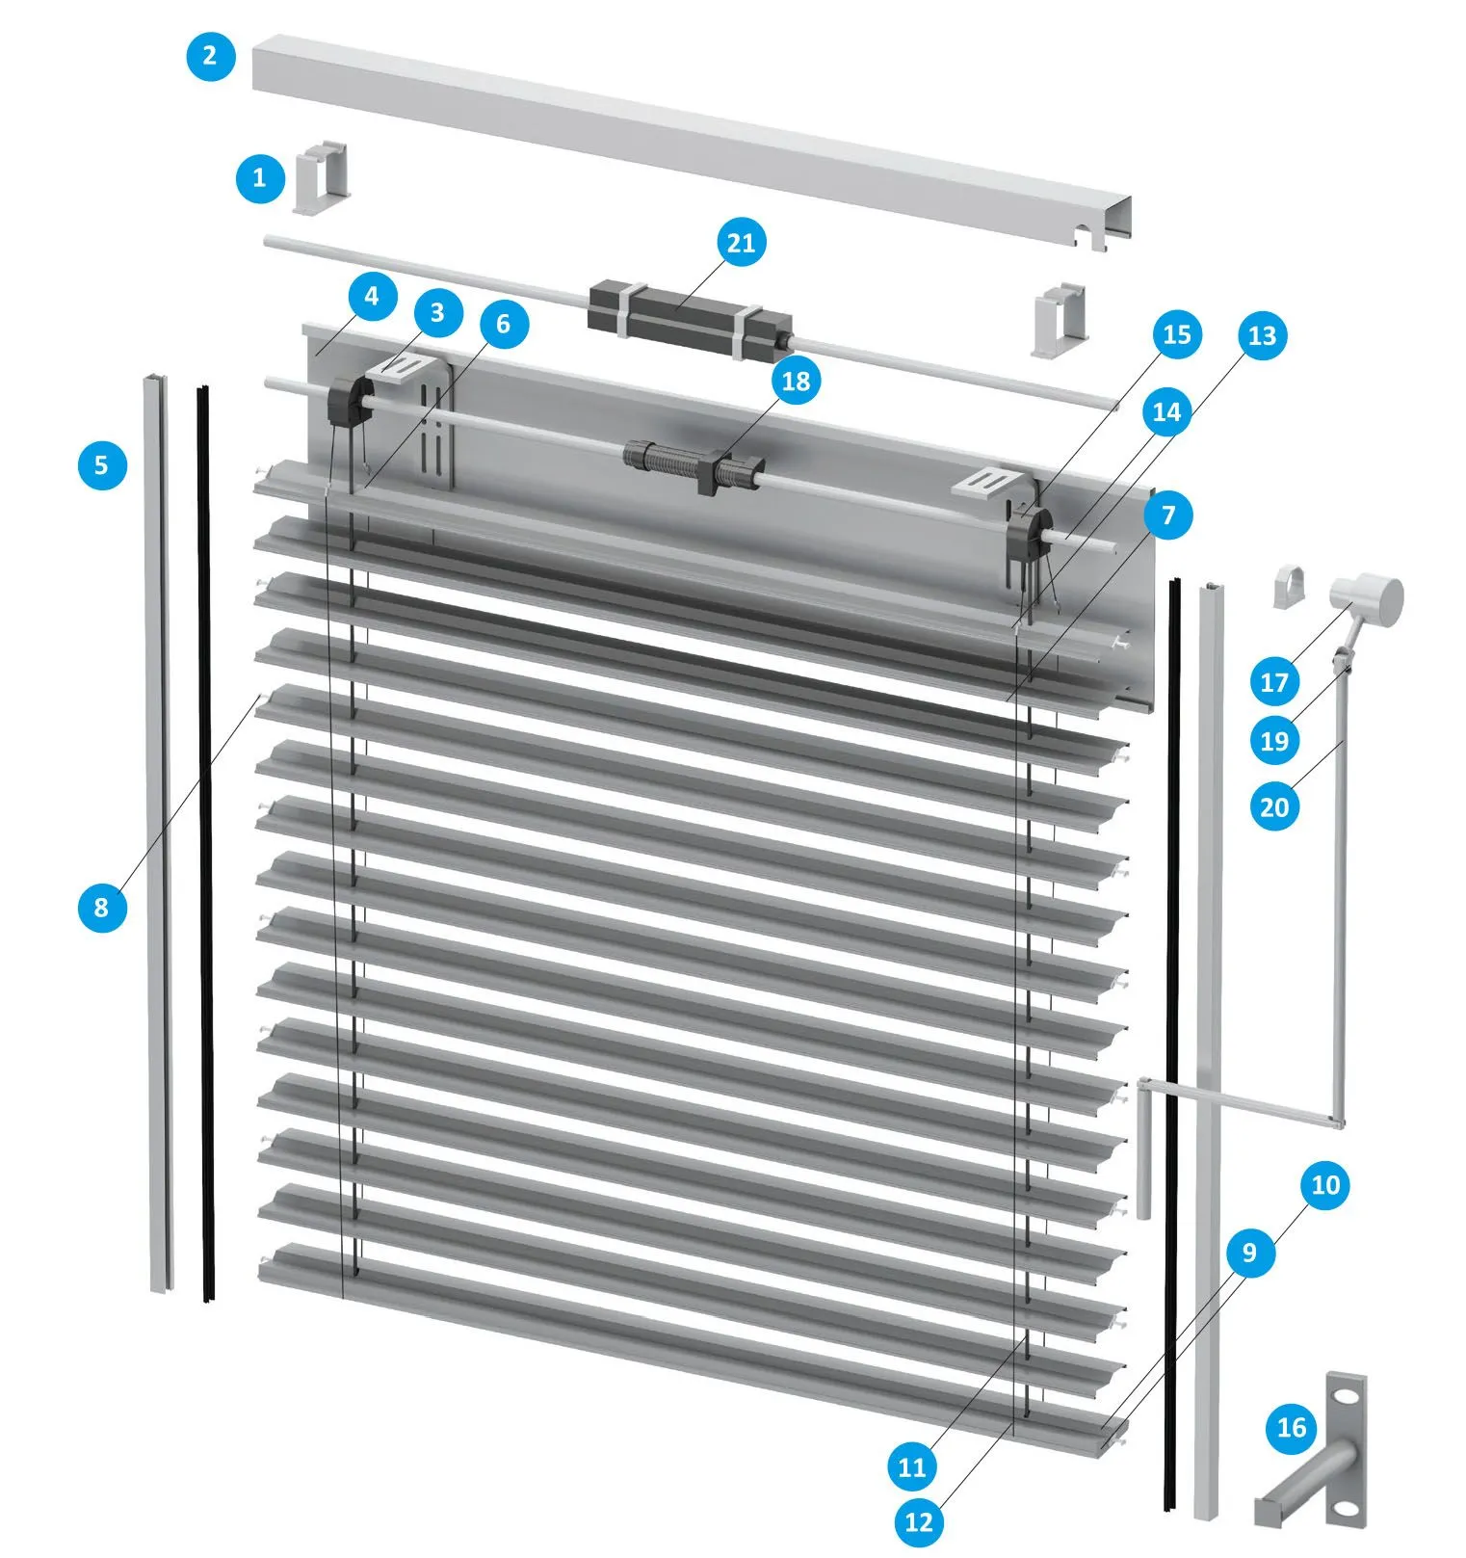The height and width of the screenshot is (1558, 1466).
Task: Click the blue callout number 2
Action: click(x=210, y=56)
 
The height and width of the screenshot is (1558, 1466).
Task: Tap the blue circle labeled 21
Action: click(x=741, y=242)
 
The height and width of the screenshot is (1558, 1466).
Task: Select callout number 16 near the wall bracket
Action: click(x=1292, y=1428)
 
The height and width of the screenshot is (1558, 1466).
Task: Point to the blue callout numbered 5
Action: click(x=101, y=465)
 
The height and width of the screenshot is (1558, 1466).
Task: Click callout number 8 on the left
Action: click(x=101, y=907)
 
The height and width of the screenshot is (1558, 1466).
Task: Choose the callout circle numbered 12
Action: click(x=919, y=1521)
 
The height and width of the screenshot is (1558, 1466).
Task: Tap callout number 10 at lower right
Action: click(x=1326, y=1185)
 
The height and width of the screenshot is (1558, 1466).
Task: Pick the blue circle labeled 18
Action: click(x=796, y=382)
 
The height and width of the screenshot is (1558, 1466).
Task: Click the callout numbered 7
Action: click(x=1168, y=515)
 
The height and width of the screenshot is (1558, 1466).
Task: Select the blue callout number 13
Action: click(x=1262, y=335)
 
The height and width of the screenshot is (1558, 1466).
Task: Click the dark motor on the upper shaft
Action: click(x=690, y=316)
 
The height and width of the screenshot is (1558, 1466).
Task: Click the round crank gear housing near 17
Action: click(x=1369, y=599)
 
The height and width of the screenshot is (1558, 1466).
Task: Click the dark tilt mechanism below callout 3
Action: click(x=350, y=402)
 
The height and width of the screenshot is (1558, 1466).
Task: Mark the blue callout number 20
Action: click(x=1274, y=805)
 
